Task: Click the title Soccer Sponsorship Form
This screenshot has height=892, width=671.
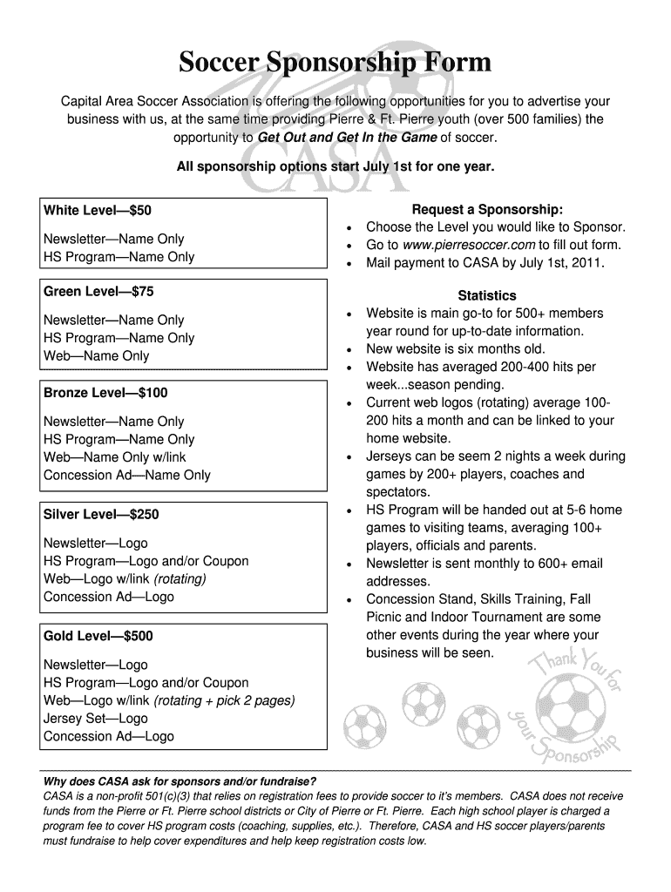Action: [335, 63]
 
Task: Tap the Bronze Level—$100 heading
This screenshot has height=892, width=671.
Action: [105, 393]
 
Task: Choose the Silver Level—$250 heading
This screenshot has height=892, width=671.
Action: [101, 514]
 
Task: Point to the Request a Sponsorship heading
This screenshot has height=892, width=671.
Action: [487, 209]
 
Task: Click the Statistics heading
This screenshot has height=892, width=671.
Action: [487, 295]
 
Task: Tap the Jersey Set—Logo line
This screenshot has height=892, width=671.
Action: [96, 719]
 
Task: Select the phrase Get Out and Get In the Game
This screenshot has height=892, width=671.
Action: [348, 138]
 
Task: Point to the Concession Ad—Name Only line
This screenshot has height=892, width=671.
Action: [127, 475]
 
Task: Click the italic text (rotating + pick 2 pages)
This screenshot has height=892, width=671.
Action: [225, 700]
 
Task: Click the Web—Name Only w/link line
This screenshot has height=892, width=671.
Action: [115, 457]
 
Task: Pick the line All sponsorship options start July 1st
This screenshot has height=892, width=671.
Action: [335, 165]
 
